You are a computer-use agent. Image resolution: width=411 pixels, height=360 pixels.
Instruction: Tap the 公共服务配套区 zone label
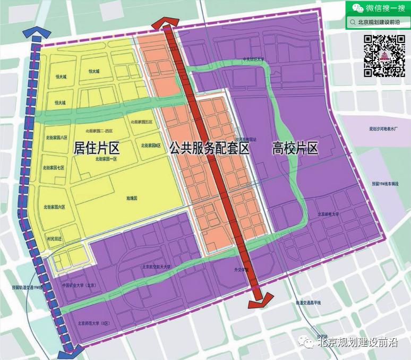pos(209,147)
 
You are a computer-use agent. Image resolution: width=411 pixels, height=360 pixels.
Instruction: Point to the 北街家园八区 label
pos(56,137)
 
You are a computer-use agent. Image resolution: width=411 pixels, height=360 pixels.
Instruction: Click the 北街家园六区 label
pos(55,207)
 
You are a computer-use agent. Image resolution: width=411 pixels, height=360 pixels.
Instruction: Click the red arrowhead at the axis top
pos(165,24)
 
